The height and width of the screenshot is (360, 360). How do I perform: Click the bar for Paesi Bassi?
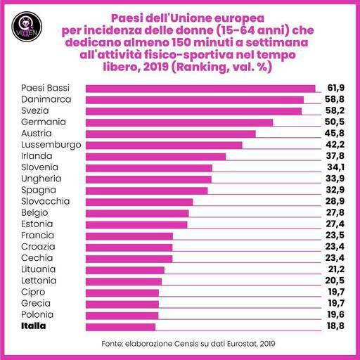coord(200,89)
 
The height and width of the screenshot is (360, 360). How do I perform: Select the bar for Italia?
coord(120,326)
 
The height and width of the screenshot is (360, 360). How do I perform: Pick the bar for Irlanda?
coord(155,156)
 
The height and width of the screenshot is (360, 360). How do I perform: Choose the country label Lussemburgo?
coord(48,145)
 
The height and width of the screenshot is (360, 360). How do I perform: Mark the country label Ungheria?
coord(41,179)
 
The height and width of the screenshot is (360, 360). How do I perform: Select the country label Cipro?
coord(34,292)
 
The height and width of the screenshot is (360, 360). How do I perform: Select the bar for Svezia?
coord(193,111)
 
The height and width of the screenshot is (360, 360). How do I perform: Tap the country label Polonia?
coord(39,314)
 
